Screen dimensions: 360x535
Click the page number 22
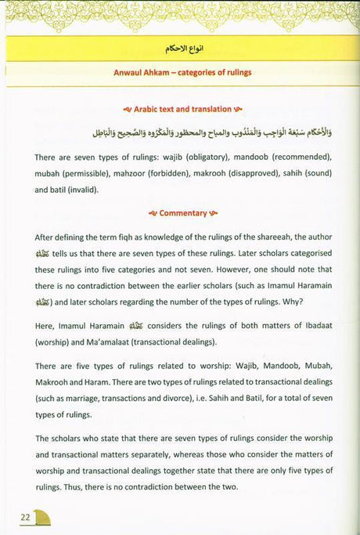coord(25,518)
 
